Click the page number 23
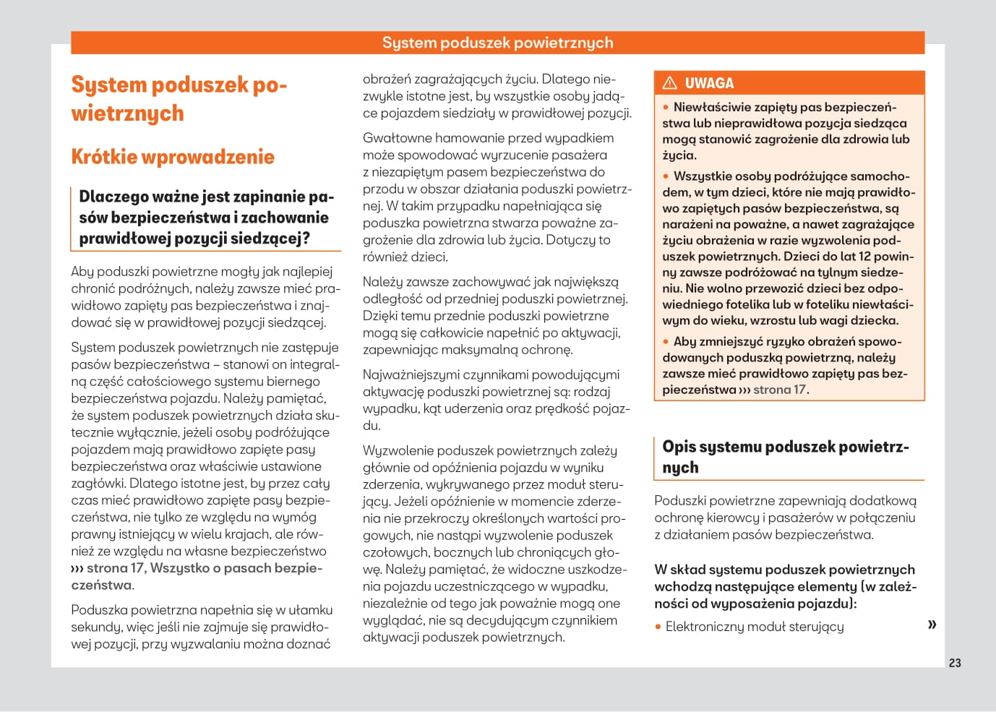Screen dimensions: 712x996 [x=955, y=663]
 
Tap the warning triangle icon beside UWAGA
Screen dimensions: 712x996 [x=670, y=82]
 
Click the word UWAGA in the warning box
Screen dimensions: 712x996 [x=709, y=83]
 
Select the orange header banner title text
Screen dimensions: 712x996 [x=497, y=43]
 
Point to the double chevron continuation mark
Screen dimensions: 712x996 [x=932, y=624]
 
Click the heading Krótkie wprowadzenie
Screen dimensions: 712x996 [x=173, y=157]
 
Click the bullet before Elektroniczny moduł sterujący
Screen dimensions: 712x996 [x=658, y=627]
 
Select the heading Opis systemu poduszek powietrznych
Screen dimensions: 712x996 [x=785, y=456]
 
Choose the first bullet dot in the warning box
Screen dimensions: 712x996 [x=666, y=107]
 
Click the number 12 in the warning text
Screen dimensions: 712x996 [x=864, y=257]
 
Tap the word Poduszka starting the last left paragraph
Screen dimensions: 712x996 [x=99, y=610]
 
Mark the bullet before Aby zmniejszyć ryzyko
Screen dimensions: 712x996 [x=666, y=342]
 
